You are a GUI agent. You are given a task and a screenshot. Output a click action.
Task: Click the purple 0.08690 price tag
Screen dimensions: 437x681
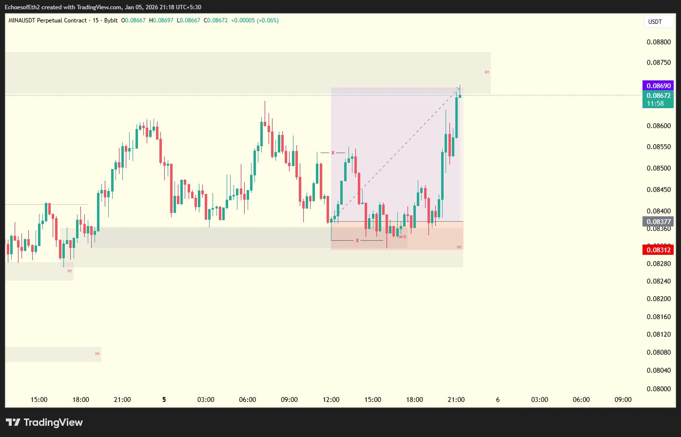(658, 86)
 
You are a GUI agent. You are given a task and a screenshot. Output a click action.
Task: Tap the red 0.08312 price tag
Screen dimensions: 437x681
(658, 250)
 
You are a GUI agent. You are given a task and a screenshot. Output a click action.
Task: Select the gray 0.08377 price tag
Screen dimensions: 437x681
(658, 222)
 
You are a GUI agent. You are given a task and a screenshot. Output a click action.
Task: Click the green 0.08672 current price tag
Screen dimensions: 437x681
(658, 96)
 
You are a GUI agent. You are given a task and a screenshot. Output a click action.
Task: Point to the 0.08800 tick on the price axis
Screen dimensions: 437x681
(659, 42)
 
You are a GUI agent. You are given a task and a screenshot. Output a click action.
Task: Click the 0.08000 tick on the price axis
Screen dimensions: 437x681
(659, 389)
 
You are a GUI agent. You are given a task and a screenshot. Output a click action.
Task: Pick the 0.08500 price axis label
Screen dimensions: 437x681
(659, 168)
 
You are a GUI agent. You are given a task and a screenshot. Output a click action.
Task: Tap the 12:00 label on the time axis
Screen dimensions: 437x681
(331, 399)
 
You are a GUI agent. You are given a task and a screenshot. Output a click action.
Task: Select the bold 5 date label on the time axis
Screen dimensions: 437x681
(164, 399)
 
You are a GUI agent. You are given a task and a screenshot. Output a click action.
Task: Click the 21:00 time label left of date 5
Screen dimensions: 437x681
(122, 399)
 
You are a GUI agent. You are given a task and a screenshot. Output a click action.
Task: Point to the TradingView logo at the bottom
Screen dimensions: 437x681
(44, 422)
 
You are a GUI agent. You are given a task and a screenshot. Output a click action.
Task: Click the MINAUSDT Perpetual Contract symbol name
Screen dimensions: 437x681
(48, 20)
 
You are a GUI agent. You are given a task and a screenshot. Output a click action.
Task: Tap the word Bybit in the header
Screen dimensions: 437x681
(111, 20)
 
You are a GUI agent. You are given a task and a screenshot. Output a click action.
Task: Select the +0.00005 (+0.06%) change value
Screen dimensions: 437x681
(254, 20)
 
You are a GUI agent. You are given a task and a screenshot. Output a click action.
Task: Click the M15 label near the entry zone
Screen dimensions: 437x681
(403, 237)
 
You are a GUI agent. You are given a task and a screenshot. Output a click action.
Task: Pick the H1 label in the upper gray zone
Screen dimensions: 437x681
(486, 72)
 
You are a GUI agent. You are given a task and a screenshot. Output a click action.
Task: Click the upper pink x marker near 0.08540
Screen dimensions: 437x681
(333, 153)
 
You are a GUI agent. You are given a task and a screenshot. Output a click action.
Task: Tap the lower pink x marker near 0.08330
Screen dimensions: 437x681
(357, 241)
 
